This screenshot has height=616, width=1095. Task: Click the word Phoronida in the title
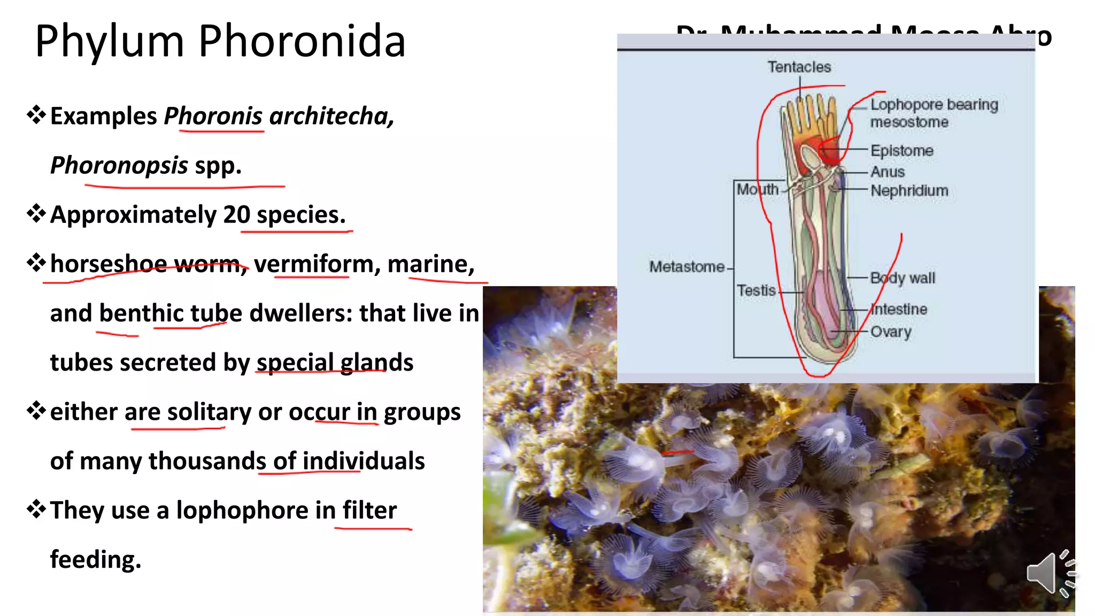point(302,41)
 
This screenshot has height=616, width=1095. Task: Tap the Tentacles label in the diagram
point(799,67)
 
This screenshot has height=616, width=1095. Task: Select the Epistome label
point(902,151)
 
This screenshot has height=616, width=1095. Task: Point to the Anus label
point(888,172)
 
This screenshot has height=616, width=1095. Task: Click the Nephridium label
point(909,190)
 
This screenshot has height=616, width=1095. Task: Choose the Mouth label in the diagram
point(758,189)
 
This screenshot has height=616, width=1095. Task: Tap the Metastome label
point(687,266)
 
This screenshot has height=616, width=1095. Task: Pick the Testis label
point(756,290)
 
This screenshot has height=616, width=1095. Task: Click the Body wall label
point(903,278)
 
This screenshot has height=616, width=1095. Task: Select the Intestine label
point(899,309)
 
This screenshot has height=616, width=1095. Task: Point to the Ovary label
point(891,332)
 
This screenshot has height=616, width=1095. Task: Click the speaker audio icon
point(1049,573)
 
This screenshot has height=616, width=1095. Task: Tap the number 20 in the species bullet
point(237,215)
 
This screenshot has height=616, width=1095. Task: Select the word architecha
point(332,116)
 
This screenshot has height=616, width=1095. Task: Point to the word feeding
point(96,560)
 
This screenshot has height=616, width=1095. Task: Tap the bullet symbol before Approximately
point(36,214)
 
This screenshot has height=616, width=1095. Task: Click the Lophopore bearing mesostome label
point(934,113)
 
